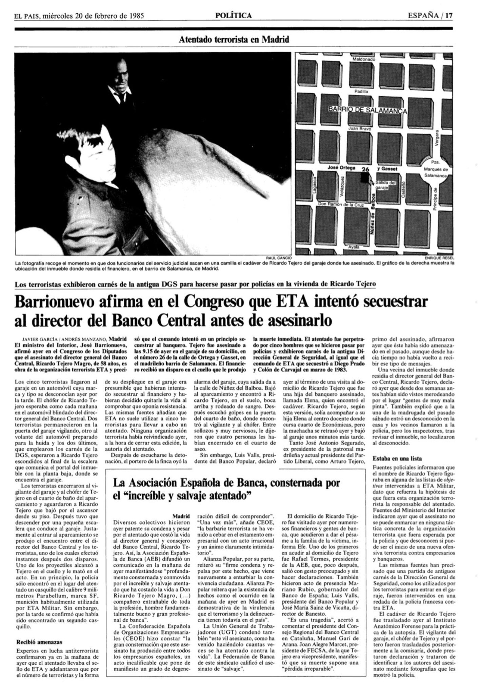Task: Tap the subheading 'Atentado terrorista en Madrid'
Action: [x=234, y=40]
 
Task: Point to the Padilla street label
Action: [x=361, y=91]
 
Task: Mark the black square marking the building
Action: [x=365, y=178]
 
